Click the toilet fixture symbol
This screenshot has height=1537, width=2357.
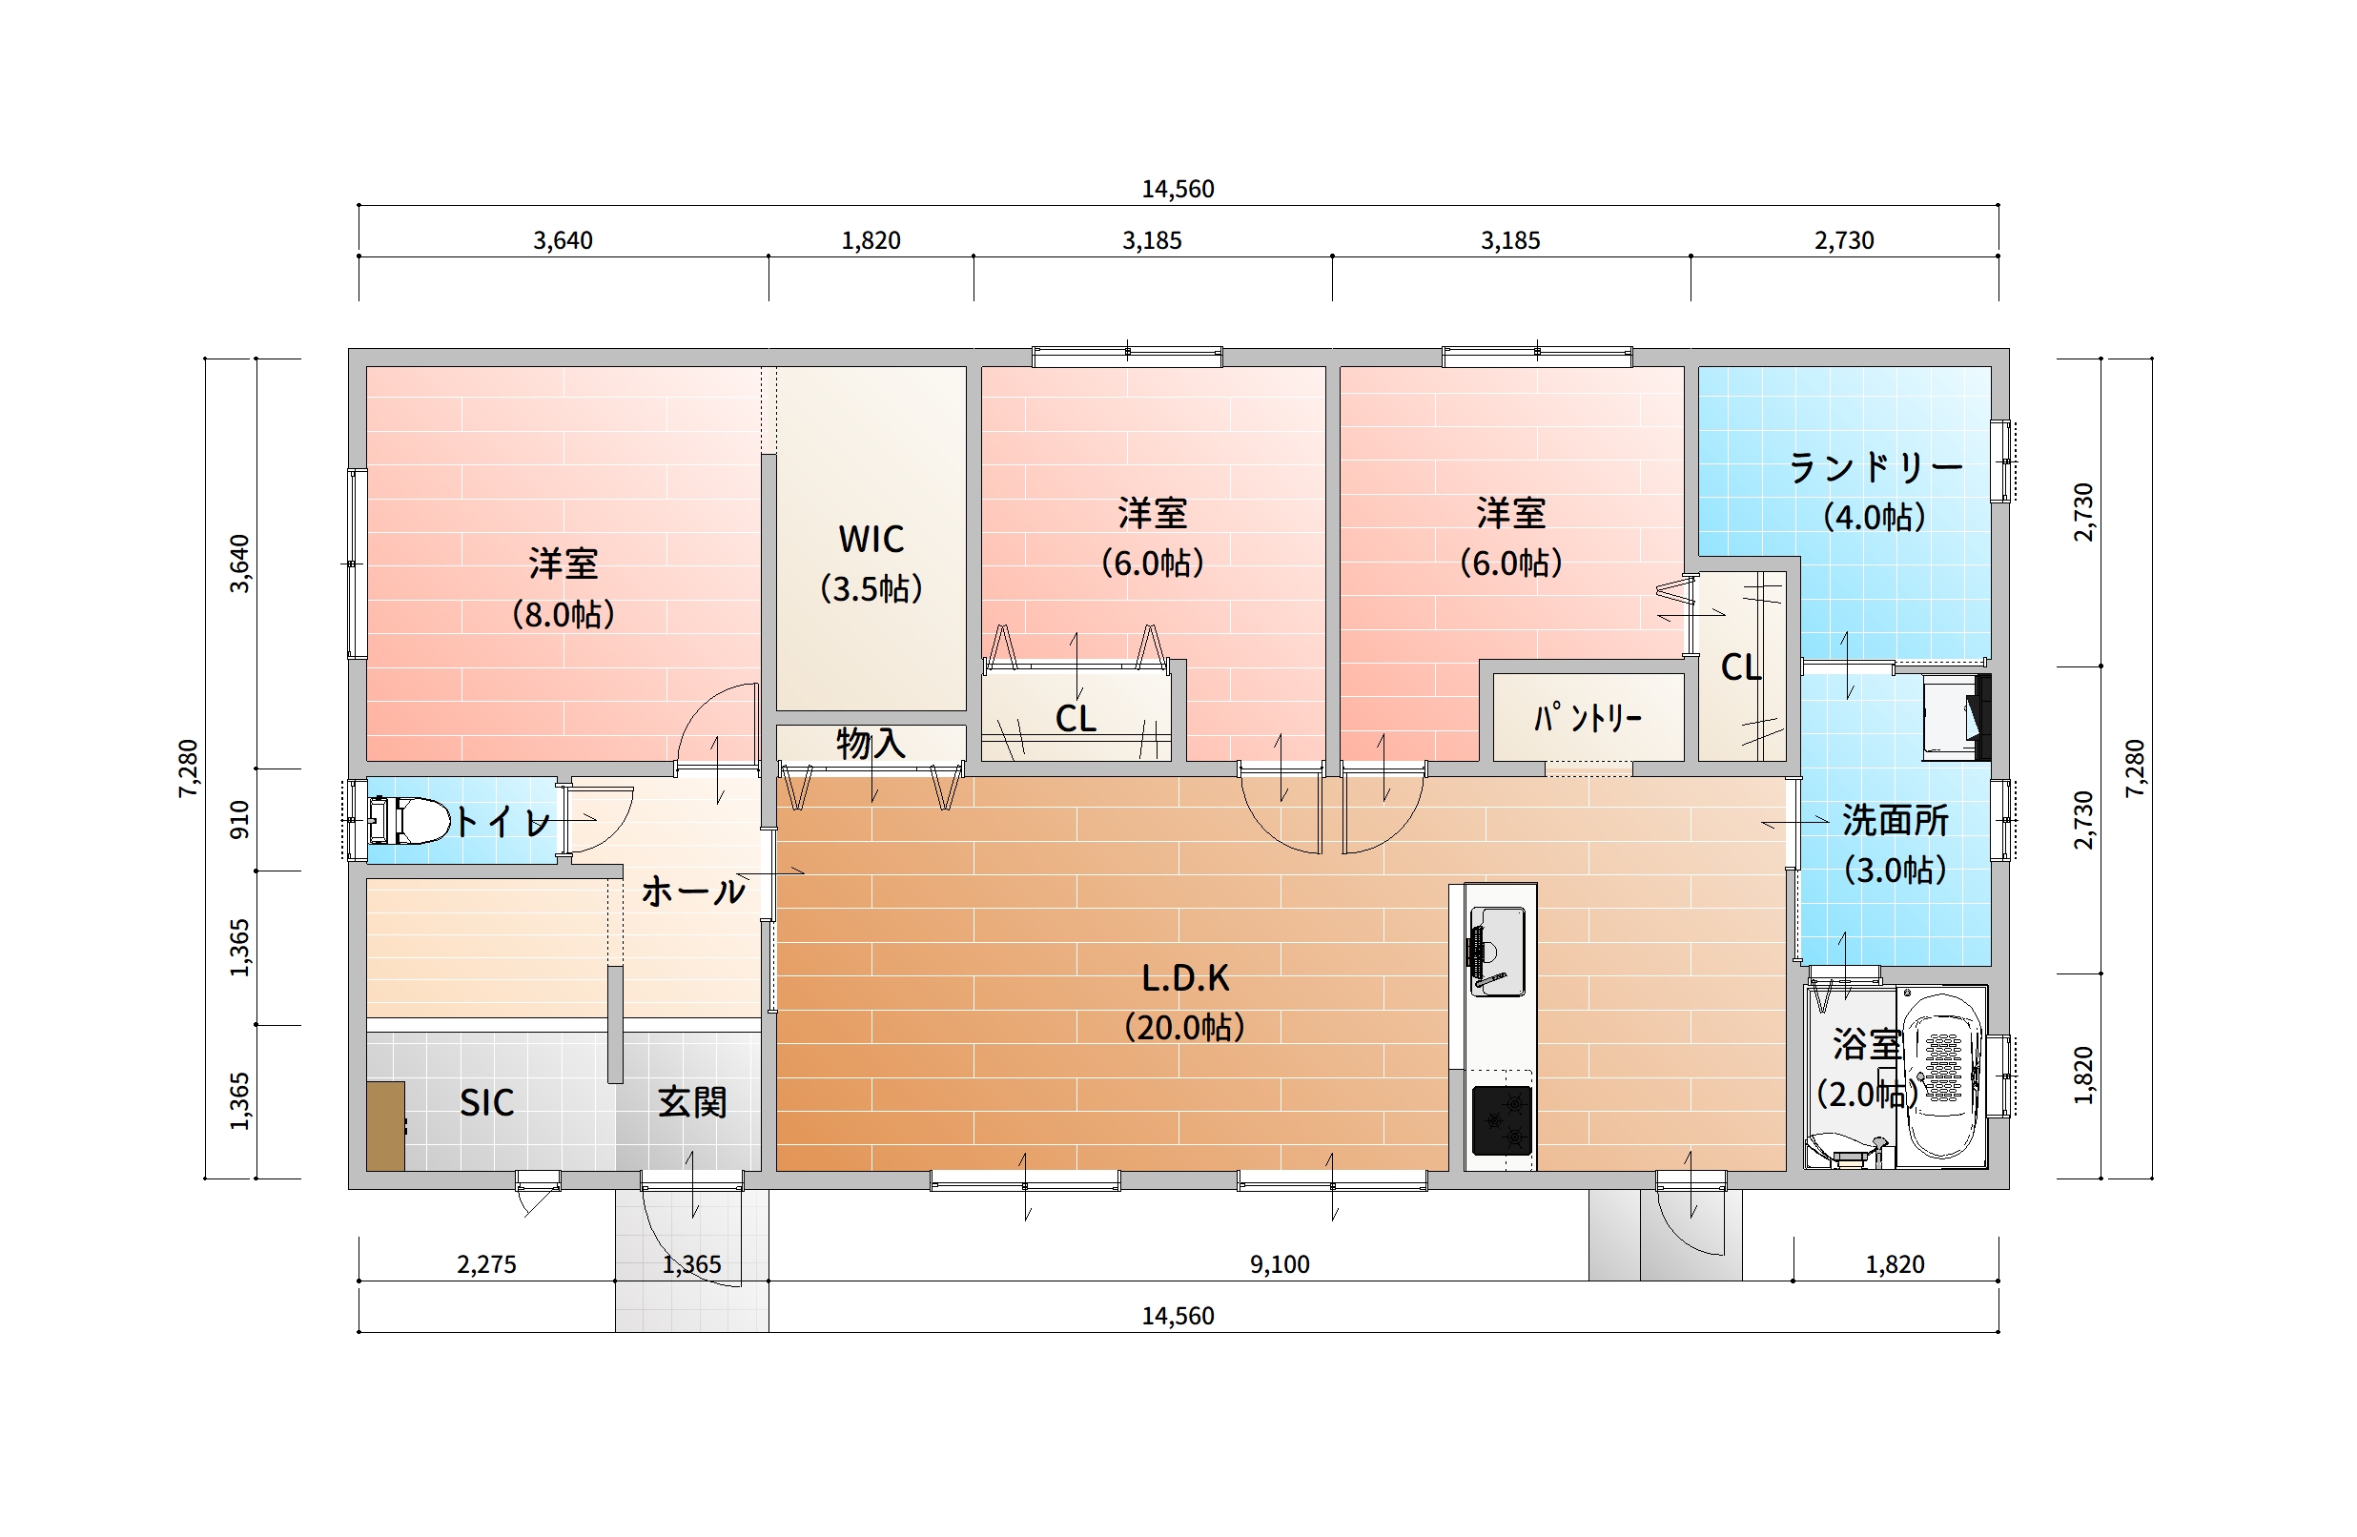click(408, 820)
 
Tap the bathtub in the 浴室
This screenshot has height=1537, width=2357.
click(1943, 1076)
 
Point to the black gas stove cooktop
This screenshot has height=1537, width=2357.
click(1503, 1120)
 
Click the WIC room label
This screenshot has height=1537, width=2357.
click(871, 540)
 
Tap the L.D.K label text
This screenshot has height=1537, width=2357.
click(1185, 978)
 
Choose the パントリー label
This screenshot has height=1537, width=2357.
click(1588, 717)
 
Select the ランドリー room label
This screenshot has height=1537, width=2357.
click(1875, 467)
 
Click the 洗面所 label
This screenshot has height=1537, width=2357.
click(1896, 820)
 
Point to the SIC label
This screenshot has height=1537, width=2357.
click(486, 1102)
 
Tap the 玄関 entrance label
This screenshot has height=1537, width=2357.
click(692, 1102)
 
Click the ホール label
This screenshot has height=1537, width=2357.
click(693, 891)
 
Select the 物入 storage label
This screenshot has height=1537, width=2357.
click(871, 743)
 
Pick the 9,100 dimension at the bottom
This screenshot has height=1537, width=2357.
click(1280, 1264)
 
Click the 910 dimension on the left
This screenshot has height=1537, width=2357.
click(239, 820)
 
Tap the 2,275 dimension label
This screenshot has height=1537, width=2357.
click(486, 1264)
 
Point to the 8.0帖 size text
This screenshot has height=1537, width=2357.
click(564, 615)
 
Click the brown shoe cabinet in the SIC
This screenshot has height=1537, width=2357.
click(385, 1126)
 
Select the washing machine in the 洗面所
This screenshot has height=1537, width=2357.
click(1956, 717)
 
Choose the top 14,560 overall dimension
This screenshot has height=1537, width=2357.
click(1178, 189)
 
